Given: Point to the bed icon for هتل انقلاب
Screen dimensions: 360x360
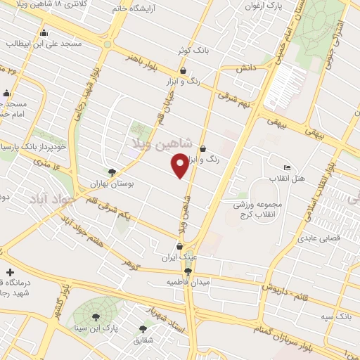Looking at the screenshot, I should tap(286, 167).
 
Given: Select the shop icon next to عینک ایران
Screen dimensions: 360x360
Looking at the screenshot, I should tap(180, 246).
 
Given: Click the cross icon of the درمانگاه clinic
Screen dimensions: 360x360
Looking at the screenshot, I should tap(9, 272).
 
